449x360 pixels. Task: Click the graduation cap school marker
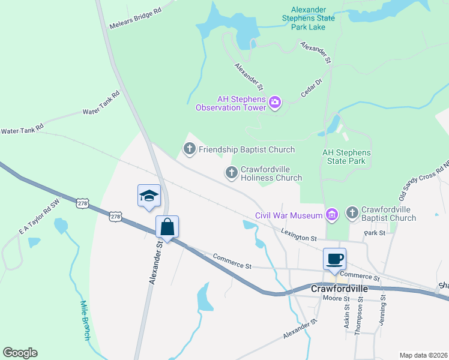149,196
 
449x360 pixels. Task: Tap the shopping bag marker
167,227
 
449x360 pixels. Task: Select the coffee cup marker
334,259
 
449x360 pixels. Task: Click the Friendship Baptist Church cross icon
190,149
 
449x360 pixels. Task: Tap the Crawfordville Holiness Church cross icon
231,173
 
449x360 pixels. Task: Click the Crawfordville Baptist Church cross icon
352,214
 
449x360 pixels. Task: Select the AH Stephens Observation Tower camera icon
275,103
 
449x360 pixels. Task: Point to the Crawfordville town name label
339,289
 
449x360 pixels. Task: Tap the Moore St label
336,298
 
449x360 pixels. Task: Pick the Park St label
375,232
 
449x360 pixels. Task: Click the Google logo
20,353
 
